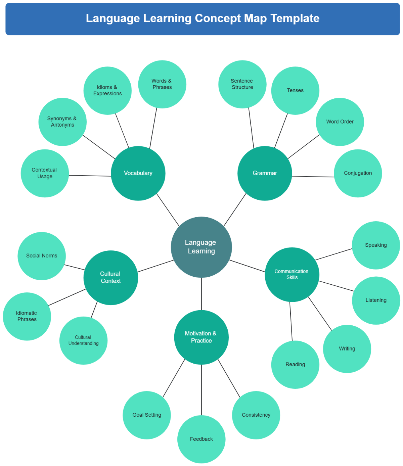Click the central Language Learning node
coord(201,247)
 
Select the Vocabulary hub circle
coord(138,173)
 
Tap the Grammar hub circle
coord(265,173)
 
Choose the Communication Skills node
coord(292,274)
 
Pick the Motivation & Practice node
coord(201,337)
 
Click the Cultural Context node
coord(110,277)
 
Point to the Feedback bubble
coord(201,439)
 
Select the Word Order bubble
coord(340,122)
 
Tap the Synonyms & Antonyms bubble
coord(62,122)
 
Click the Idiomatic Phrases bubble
coord(27,316)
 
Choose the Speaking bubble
coord(376,245)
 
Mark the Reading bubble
coord(295,365)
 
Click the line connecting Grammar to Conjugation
coord(313,177)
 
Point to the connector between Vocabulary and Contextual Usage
coord(90,176)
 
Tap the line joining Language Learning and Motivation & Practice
coord(201,294)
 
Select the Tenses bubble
coord(295,91)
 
